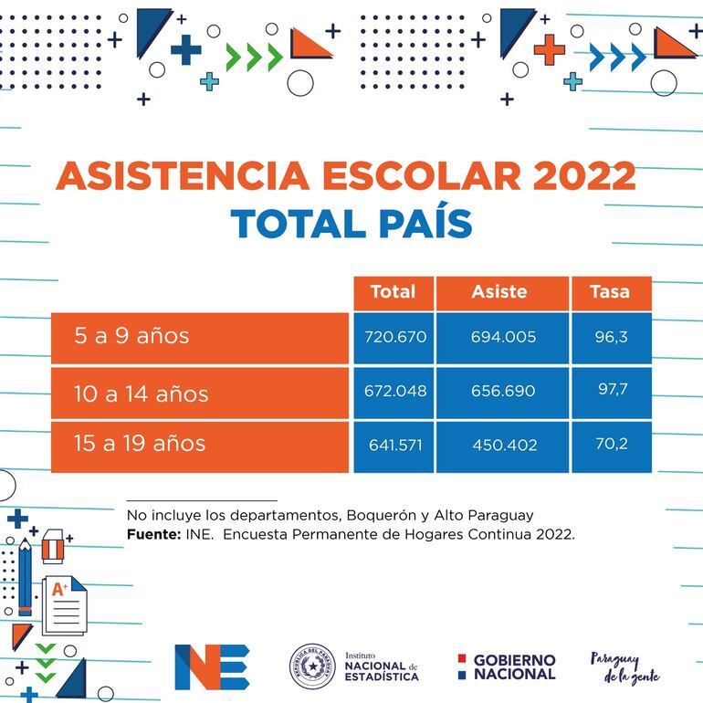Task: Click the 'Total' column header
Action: (393, 292)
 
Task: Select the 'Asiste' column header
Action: (499, 292)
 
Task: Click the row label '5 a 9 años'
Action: (132, 336)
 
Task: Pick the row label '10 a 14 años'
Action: (142, 393)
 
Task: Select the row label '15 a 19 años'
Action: (140, 444)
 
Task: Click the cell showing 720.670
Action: (396, 337)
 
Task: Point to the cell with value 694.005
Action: (503, 337)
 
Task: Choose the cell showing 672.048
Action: (396, 391)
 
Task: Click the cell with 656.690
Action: (503, 391)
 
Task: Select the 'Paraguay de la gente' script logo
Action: (625, 667)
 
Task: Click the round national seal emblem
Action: (312, 666)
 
